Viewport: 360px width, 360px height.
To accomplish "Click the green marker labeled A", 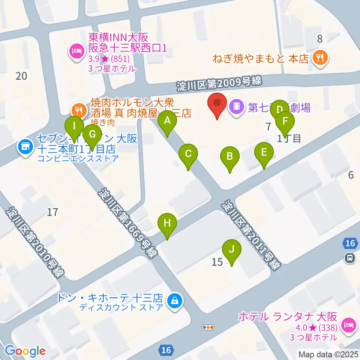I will pyautogui.click(x=167, y=121).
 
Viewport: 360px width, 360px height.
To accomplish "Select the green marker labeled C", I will pyautogui.click(x=188, y=154).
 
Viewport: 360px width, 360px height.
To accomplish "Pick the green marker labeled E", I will pyautogui.click(x=264, y=153).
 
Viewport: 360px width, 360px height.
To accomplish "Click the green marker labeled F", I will pyautogui.click(x=285, y=121).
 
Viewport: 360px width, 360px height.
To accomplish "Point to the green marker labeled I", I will pyautogui.click(x=74, y=126).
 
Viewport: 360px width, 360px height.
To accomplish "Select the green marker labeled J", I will pyautogui.click(x=232, y=249).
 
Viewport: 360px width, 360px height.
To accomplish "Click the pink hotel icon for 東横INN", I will pyautogui.click(x=77, y=50).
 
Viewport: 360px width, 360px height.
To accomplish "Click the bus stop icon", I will pyautogui.click(x=349, y=258).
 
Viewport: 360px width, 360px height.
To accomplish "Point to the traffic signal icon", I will pyautogui.click(x=208, y=327).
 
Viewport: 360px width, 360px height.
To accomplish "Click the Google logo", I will pyautogui.click(x=25, y=351).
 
